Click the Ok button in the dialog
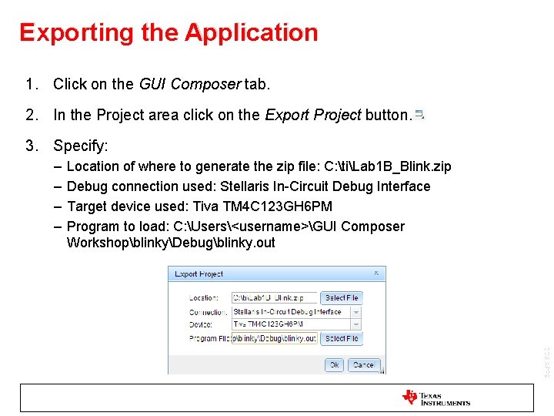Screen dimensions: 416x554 click(333, 364)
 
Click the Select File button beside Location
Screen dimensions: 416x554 click(341, 297)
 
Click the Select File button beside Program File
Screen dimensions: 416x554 click(341, 338)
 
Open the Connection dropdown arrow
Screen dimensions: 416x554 click(355, 312)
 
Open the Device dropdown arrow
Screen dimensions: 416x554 click(355, 325)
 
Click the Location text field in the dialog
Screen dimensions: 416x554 click(274, 297)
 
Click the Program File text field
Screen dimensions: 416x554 click(274, 338)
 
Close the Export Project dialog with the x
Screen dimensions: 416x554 click(376, 273)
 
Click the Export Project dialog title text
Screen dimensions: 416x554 click(199, 273)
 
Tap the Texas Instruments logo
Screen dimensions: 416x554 click(436, 398)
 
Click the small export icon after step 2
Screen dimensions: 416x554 click(419, 115)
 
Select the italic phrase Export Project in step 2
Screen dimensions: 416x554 click(312, 116)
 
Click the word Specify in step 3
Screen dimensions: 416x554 click(80, 146)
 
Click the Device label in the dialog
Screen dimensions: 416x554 click(201, 325)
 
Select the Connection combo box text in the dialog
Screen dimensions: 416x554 click(289, 312)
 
